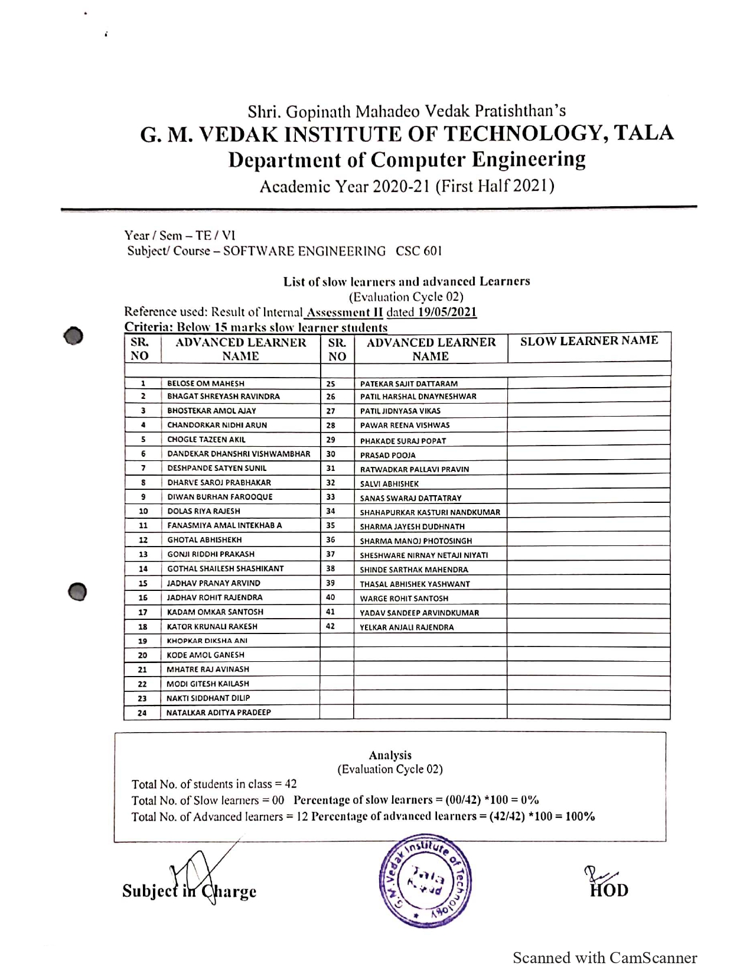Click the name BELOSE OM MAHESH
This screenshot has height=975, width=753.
pyautogui.click(x=206, y=383)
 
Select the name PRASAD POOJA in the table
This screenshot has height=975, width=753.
pyautogui.click(x=387, y=455)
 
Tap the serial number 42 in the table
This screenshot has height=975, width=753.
pyautogui.click(x=331, y=626)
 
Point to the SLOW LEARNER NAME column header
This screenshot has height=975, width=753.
pyautogui.click(x=589, y=340)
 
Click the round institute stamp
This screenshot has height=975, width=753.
pyautogui.click(x=425, y=881)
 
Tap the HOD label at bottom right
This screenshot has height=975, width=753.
pyautogui.click(x=609, y=890)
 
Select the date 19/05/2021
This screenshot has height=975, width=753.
pyautogui.click(x=447, y=312)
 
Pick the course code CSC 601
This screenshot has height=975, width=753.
pyautogui.click(x=419, y=251)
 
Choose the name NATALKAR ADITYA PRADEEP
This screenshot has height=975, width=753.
pyautogui.click(x=219, y=713)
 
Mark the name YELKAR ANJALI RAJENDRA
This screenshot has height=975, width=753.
pyautogui.click(x=407, y=628)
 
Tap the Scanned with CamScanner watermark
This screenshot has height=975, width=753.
pyautogui.click(x=605, y=958)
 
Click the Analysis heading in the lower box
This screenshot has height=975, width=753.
pyautogui.click(x=390, y=755)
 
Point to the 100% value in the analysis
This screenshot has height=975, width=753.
pyautogui.click(x=580, y=817)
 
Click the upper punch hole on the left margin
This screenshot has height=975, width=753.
pyautogui.click(x=73, y=336)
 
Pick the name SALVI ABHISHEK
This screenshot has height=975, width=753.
pyautogui.click(x=389, y=483)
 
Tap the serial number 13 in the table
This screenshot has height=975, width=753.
pyautogui.click(x=143, y=554)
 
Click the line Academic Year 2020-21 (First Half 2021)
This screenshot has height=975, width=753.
pyautogui.click(x=407, y=187)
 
